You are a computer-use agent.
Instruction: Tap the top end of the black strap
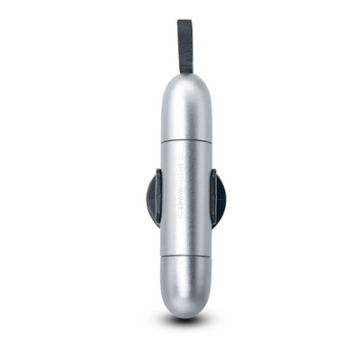[184, 22]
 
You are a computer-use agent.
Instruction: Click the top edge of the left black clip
[152, 171]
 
